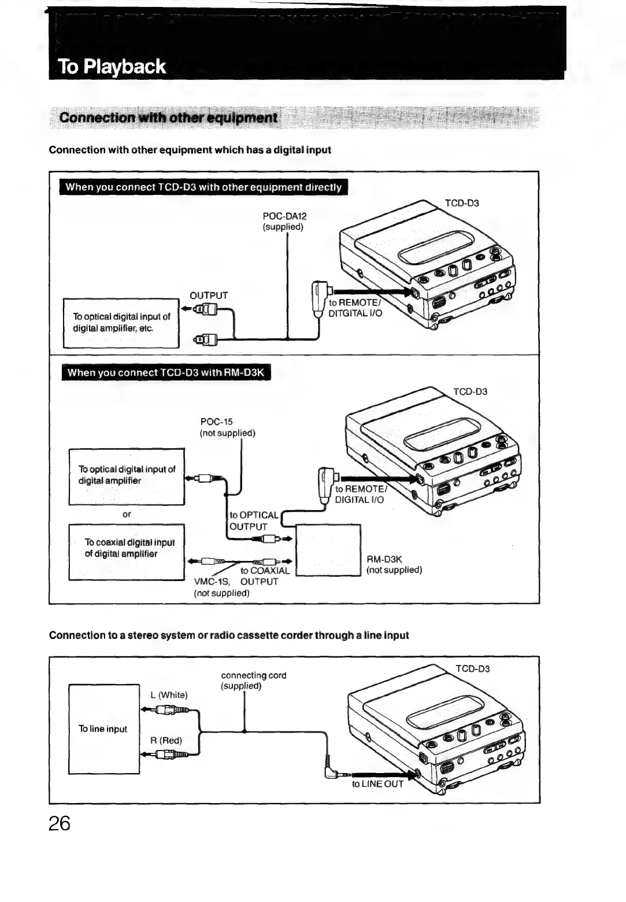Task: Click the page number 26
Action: click(60, 823)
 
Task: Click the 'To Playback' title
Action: click(112, 67)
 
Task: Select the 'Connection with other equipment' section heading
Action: click(168, 118)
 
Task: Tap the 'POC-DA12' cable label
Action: click(284, 216)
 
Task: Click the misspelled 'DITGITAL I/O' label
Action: click(355, 313)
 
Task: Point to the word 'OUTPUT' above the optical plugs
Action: click(209, 295)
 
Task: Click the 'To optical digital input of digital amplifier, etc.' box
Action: click(121, 323)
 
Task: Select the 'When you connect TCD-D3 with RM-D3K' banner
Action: click(165, 372)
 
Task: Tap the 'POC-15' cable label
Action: click(216, 422)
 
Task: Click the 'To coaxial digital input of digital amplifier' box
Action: click(127, 552)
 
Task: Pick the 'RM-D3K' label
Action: click(384, 559)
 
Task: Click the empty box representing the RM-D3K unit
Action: click(328, 550)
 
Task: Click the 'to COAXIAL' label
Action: click(265, 571)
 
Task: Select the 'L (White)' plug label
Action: click(169, 695)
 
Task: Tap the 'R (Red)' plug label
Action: click(166, 740)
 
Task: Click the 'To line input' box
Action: click(103, 729)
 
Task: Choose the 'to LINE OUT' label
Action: click(377, 784)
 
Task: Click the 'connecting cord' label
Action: click(253, 675)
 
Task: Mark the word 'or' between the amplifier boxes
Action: click(127, 514)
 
